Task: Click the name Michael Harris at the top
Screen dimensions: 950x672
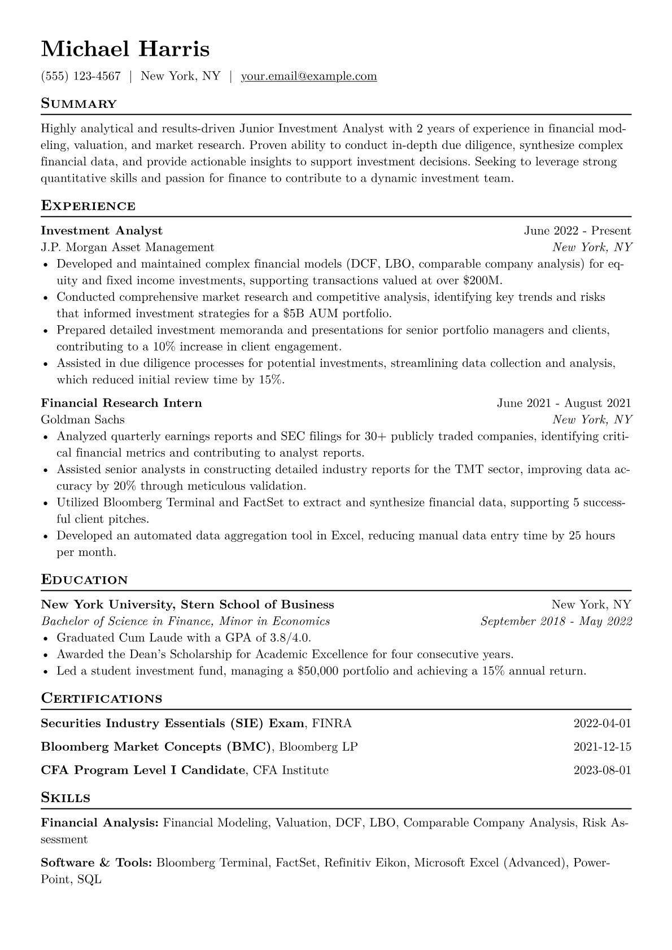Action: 125,49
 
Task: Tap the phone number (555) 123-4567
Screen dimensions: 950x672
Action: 81,76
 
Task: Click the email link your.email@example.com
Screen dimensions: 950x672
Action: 309,76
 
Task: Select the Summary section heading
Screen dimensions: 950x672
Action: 78,104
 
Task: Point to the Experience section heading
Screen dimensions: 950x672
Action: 88,206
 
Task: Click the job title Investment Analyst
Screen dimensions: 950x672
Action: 102,231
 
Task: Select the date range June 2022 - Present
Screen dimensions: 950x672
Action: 577,231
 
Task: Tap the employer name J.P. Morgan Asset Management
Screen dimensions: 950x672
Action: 128,247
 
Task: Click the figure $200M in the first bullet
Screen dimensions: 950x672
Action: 486,281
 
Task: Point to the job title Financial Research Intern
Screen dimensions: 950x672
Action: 121,403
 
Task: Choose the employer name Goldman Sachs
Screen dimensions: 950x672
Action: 83,419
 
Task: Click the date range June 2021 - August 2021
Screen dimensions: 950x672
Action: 564,403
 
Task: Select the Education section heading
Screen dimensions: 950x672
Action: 84,580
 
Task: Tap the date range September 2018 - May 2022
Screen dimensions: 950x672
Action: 556,621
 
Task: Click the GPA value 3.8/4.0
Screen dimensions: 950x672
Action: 289,638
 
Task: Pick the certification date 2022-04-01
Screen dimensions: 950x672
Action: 602,724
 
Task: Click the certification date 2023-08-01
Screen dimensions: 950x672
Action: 602,770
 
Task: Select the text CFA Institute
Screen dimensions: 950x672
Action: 291,770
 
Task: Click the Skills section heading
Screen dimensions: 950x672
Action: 66,798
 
